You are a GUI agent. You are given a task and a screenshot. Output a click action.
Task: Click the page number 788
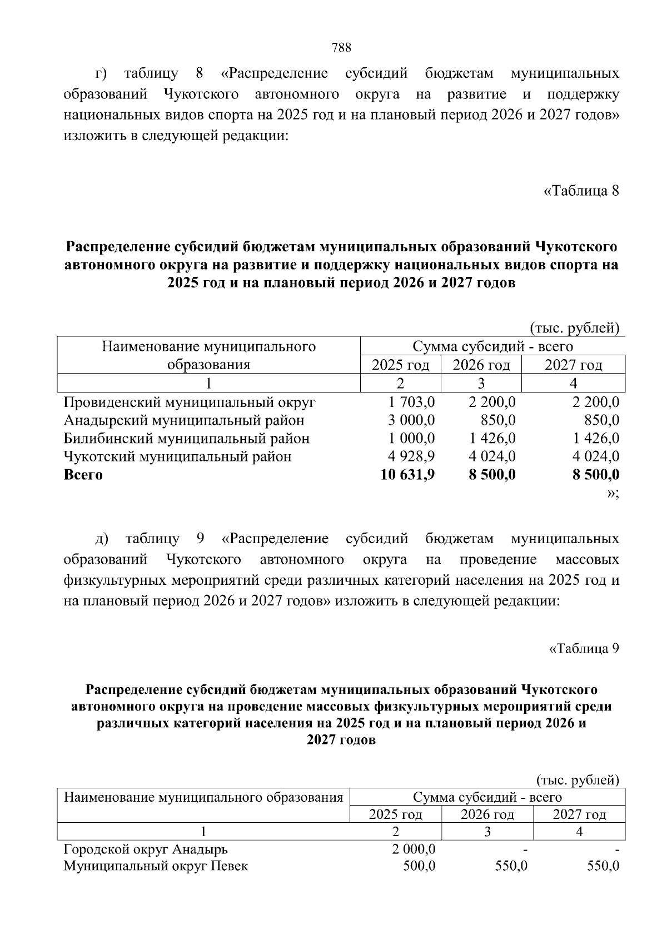[341, 47]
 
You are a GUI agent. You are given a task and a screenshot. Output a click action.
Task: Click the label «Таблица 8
[581, 191]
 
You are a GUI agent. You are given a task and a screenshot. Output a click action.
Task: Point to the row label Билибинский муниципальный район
[187, 439]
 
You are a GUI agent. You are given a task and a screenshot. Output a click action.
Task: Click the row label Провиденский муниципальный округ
[190, 402]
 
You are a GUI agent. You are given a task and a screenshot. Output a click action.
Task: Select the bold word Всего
[83, 475]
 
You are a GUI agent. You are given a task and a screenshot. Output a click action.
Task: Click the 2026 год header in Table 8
[481, 365]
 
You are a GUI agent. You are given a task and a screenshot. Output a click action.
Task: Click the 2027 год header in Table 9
[579, 814]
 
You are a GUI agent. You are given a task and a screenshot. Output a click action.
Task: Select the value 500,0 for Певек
[420, 866]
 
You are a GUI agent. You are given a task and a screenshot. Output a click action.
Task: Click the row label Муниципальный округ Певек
[156, 866]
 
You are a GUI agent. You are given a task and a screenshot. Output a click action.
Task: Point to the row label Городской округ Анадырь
[146, 849]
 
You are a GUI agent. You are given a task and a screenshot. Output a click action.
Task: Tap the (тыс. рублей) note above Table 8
[574, 328]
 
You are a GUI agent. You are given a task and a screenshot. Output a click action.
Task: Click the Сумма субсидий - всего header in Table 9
[487, 797]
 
